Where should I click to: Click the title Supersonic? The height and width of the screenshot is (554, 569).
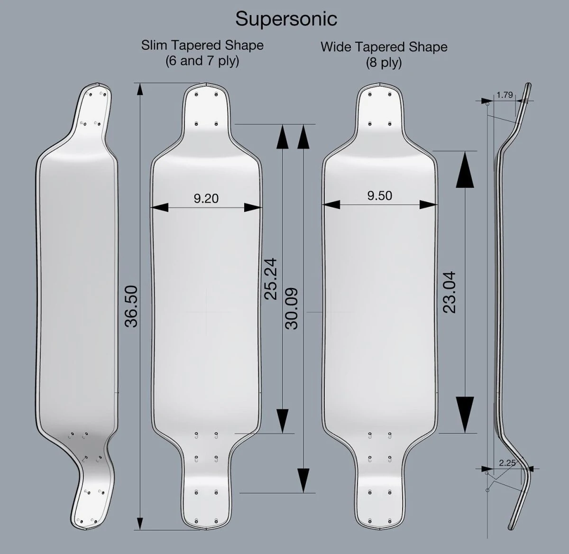point(286,19)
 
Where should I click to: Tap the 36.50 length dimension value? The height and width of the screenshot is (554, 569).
point(131,306)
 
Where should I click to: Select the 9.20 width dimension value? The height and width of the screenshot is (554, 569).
point(206,198)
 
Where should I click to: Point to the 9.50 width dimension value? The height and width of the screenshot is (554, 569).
point(379,196)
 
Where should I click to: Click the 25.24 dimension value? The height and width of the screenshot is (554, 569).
point(271,278)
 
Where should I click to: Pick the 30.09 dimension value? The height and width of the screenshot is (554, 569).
point(292,309)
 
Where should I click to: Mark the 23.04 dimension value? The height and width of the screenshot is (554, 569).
point(449,292)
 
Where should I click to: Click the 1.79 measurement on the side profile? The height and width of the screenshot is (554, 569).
point(505,95)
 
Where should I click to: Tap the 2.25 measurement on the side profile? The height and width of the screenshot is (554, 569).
point(507,463)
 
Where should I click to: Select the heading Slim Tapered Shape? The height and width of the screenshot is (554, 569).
point(202,46)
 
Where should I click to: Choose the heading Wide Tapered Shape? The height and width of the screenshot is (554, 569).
point(384,47)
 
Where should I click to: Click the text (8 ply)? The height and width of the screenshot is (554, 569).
point(384,62)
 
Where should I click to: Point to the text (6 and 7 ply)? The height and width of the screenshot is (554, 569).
point(202,61)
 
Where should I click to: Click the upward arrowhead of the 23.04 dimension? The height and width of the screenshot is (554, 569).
point(465,171)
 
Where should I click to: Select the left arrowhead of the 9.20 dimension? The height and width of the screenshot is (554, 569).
point(160,207)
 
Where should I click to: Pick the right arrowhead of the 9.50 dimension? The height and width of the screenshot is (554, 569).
point(428,205)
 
